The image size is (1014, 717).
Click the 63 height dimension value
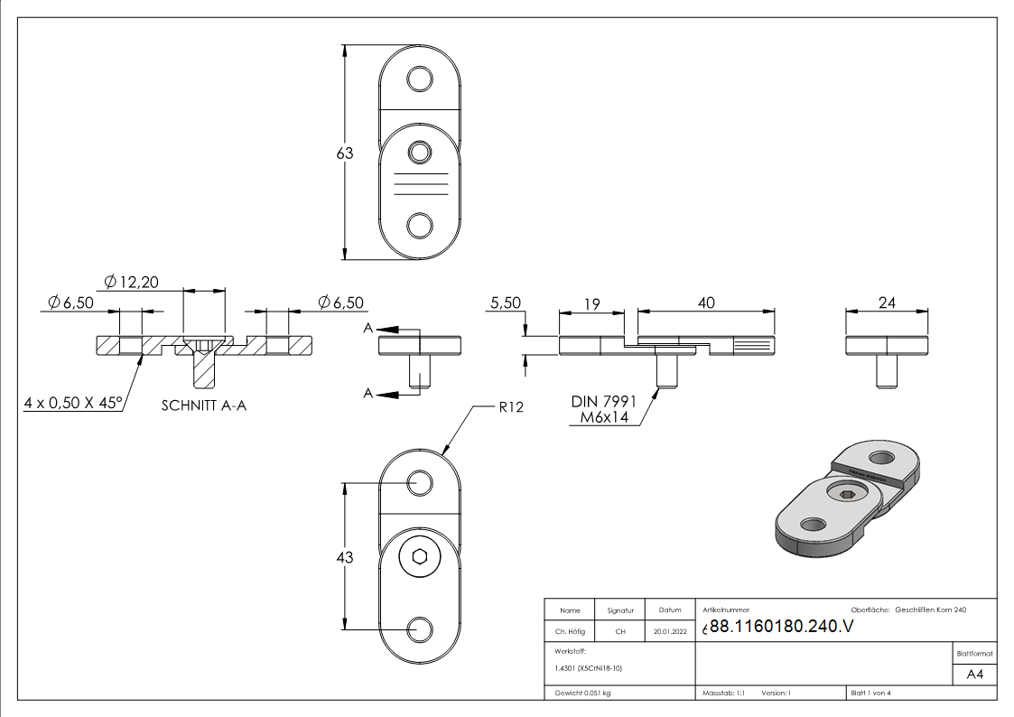tap(345, 154)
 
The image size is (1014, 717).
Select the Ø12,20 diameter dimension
tap(131, 282)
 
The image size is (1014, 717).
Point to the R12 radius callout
tap(511, 407)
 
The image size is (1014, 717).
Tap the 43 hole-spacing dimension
tap(345, 557)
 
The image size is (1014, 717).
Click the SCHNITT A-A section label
tap(204, 406)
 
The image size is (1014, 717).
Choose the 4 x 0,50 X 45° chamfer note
tap(73, 403)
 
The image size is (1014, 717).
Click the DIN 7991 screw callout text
tap(604, 402)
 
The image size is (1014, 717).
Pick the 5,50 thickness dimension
tap(506, 303)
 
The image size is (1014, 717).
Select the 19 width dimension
tap(591, 304)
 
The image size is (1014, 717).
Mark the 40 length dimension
tap(706, 303)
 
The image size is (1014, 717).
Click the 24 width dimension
tap(887, 303)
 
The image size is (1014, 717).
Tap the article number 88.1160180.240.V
tap(781, 627)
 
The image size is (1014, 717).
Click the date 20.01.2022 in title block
tap(670, 631)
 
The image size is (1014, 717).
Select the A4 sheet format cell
tap(974, 675)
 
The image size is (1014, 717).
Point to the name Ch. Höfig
tap(570, 631)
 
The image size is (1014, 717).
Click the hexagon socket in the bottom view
tap(420, 556)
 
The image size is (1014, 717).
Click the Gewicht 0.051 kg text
tap(582, 694)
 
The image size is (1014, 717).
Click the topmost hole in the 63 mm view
tap(420, 79)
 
